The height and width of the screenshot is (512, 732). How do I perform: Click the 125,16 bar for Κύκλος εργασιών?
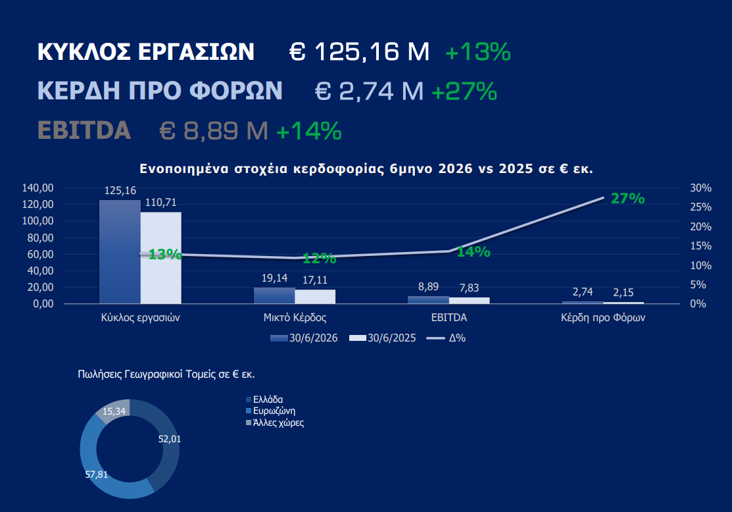pos(120,252)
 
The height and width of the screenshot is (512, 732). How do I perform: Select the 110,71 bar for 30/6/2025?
pos(161,258)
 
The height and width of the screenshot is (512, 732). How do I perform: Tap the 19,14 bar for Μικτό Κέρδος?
pos(274,295)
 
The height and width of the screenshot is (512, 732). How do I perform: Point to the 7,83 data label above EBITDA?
pos(469,288)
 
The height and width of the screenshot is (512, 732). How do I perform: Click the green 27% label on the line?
pos(628,199)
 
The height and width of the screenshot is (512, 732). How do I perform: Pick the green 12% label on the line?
pos(320,259)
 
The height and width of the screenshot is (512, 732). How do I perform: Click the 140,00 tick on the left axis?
pos(37,188)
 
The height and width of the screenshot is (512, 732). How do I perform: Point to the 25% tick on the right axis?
pos(700,207)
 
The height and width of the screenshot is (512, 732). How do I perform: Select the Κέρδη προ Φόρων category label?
pos(602,318)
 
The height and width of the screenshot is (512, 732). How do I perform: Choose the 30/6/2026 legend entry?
pos(304,338)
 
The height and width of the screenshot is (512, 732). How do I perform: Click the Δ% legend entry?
pos(447,338)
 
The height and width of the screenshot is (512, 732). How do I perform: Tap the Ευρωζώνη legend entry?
pos(271,411)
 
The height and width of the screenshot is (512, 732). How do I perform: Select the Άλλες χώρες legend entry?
pos(275,422)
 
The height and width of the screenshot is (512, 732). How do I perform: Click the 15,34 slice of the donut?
pos(112,410)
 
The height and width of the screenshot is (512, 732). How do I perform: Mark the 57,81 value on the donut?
pos(97,474)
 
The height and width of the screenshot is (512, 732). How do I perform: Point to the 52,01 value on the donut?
pos(170,439)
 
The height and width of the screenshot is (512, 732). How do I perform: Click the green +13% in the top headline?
pos(478,51)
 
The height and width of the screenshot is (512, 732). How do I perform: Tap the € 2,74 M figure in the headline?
pos(369,91)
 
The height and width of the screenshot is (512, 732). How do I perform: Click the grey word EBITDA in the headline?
pos(84,130)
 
